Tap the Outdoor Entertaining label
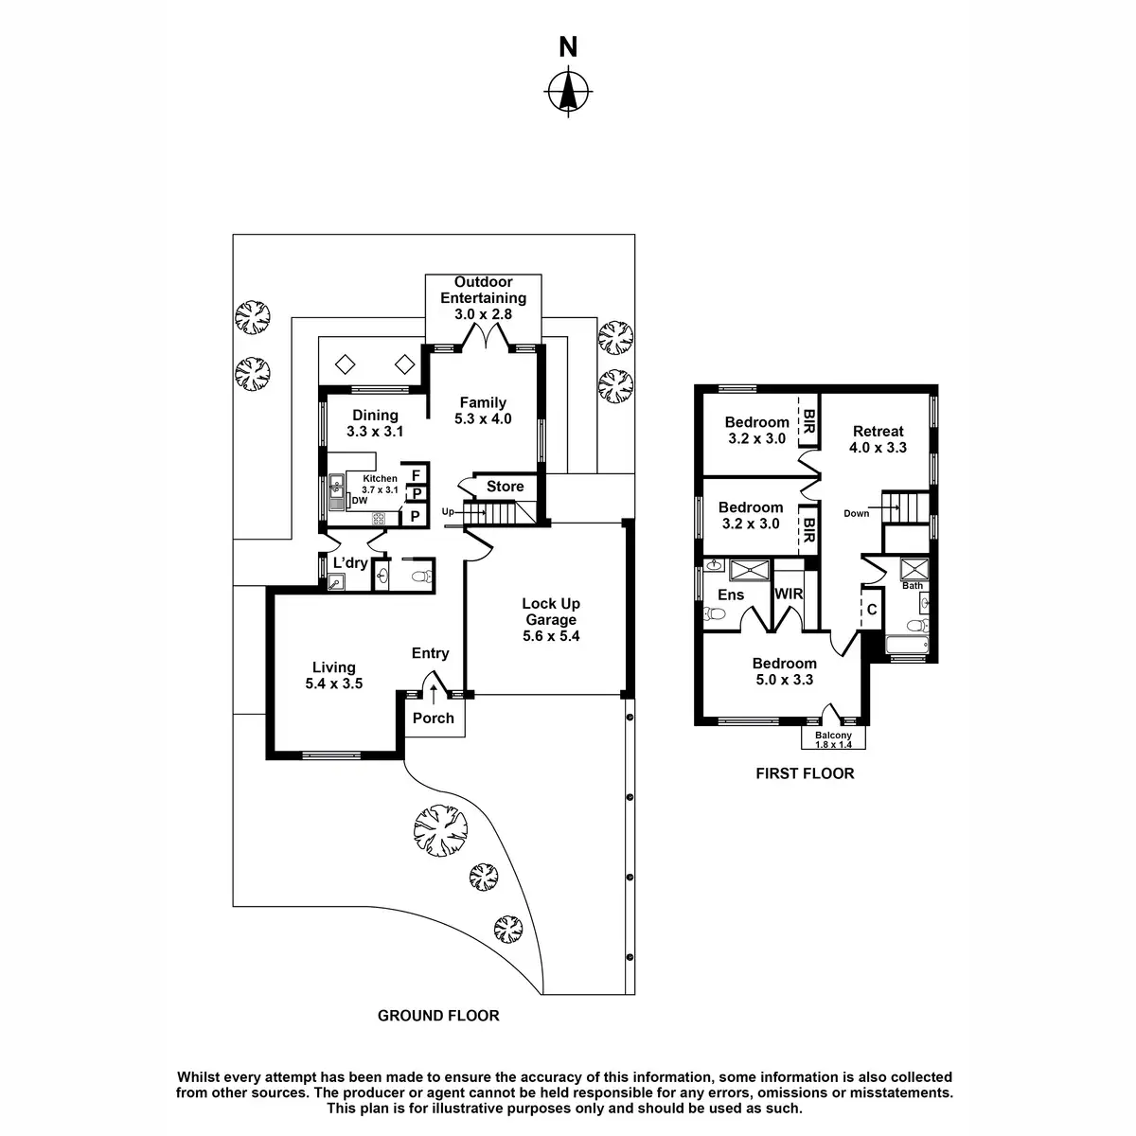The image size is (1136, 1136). pyautogui.click(x=483, y=290)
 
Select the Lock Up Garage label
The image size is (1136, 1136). pyautogui.click(x=551, y=612)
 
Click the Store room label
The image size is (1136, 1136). pyautogui.click(x=505, y=487)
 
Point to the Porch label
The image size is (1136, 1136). pyautogui.click(x=434, y=718)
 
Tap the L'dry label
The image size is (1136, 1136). pyautogui.click(x=350, y=563)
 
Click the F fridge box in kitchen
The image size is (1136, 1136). pyautogui.click(x=416, y=474)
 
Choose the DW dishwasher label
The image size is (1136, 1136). pyautogui.click(x=359, y=500)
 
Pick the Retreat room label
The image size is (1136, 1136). pyautogui.click(x=879, y=432)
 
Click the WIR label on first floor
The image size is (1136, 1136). pyautogui.click(x=789, y=595)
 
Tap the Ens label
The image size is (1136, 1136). pyautogui.click(x=731, y=595)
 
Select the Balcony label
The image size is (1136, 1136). pyautogui.click(x=833, y=735)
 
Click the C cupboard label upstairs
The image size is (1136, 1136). pyautogui.click(x=872, y=610)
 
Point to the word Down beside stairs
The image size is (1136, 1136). pyautogui.click(x=856, y=513)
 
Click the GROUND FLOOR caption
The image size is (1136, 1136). pyautogui.click(x=438, y=1016)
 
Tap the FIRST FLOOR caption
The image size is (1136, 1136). pyautogui.click(x=805, y=773)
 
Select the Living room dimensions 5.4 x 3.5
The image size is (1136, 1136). pyautogui.click(x=334, y=683)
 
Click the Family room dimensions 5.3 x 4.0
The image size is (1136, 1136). pyautogui.click(x=483, y=418)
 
